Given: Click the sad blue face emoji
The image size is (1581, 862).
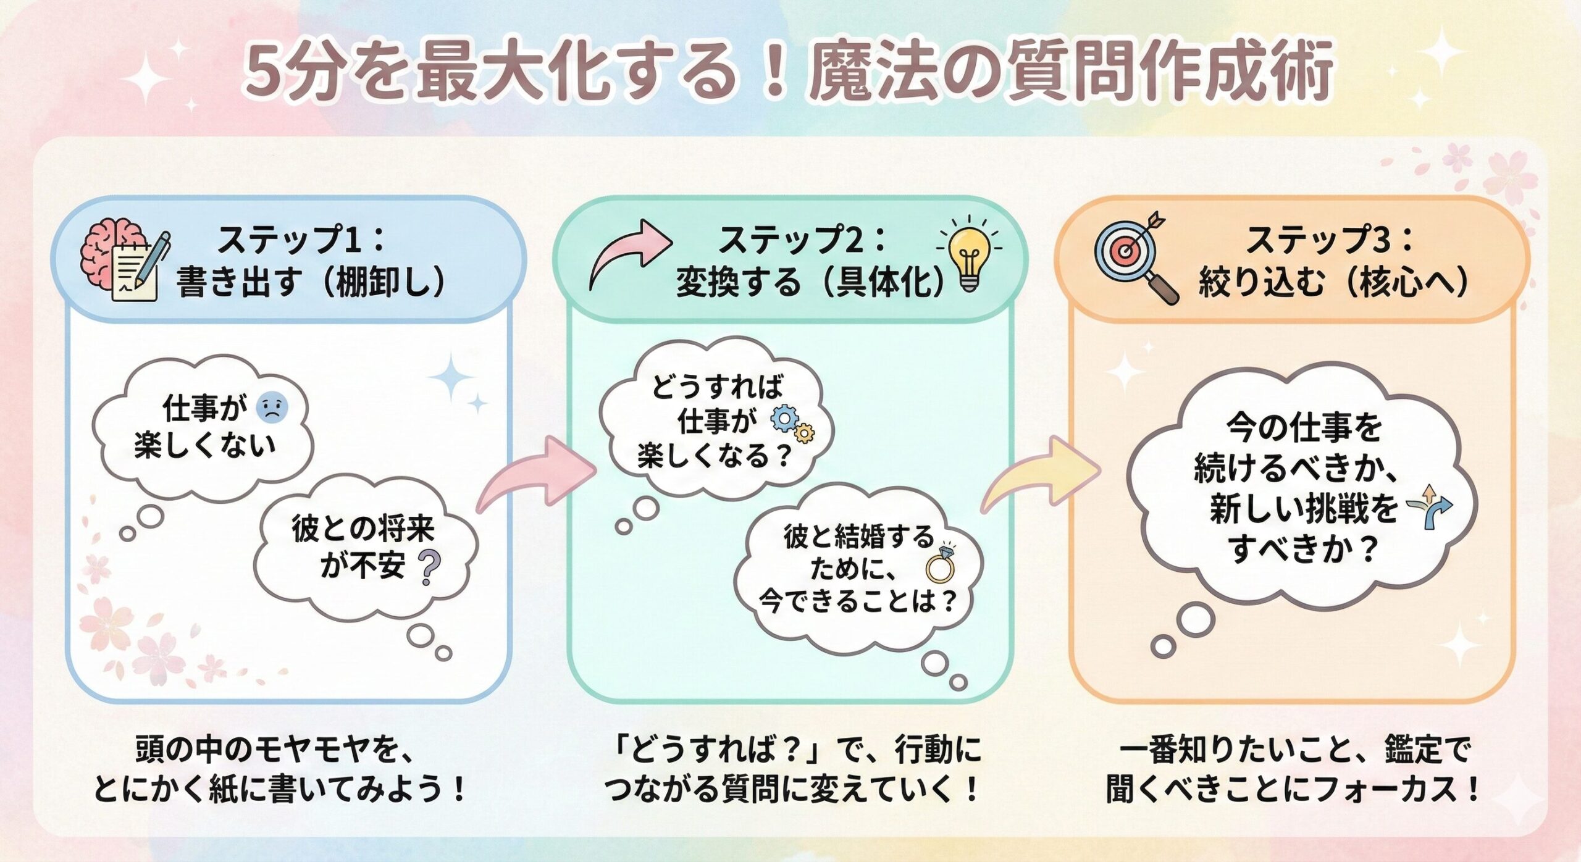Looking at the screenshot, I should (271, 408).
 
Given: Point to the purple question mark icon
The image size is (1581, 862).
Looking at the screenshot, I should (429, 567).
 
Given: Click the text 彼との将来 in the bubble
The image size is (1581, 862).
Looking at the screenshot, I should (363, 529).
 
